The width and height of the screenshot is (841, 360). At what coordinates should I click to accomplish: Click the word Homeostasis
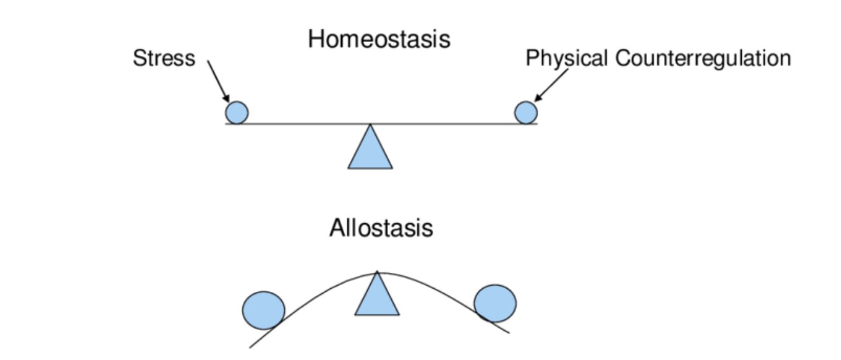379,39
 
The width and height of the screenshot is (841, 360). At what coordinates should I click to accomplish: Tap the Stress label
163,59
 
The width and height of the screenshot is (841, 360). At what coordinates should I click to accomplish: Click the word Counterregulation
703,59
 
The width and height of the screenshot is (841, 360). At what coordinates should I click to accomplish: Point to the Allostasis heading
381,228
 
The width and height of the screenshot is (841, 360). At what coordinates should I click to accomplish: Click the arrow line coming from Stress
217,79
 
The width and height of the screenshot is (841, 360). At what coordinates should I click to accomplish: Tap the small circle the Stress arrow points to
237,113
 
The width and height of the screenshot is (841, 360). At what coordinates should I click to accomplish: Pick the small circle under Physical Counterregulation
525,113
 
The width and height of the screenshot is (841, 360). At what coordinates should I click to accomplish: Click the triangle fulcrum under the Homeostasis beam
370,152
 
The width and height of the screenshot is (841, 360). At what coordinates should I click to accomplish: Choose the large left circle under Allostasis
263,310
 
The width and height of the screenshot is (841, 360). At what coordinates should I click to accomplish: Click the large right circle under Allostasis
495,303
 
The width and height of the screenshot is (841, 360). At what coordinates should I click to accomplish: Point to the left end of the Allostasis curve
251,346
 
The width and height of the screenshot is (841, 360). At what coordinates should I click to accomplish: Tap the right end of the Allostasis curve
507,331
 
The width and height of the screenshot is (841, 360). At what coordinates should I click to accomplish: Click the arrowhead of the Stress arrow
226,98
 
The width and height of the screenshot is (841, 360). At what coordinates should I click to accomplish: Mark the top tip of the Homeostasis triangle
370,125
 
